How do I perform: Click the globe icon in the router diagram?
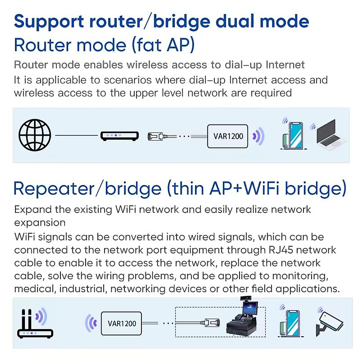point(35,135)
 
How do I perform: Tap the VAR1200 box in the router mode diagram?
point(228,136)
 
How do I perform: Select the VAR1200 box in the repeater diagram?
point(121,323)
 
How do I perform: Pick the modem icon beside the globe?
point(119,136)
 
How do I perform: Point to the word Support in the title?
point(49,22)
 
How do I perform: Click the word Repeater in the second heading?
point(54,189)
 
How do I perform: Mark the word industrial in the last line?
point(82,289)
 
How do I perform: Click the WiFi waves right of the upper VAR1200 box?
point(259,136)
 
